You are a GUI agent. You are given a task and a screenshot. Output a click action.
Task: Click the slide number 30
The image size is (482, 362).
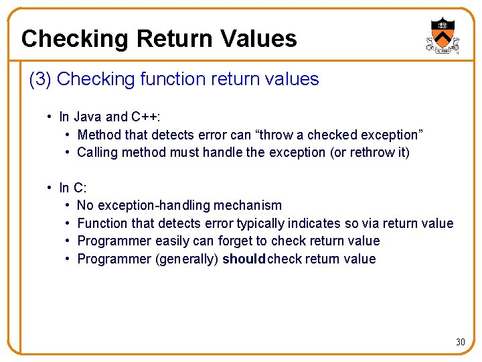click(x=461, y=342)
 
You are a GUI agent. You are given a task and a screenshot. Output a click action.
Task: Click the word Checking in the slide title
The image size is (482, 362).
click(x=74, y=39)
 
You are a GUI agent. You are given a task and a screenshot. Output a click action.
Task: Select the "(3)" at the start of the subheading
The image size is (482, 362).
click(x=41, y=79)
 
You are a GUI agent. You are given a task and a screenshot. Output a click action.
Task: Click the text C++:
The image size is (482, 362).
click(x=149, y=117)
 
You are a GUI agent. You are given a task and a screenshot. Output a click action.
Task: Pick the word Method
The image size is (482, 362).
click(x=100, y=135)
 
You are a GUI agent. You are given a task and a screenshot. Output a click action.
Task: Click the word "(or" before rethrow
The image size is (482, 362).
click(x=337, y=152)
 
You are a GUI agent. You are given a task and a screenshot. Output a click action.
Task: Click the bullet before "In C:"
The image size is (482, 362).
click(x=50, y=188)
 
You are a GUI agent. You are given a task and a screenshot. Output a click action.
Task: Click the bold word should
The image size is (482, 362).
click(x=244, y=259)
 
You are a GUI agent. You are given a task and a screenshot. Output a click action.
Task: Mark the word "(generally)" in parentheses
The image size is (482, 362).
click(x=187, y=259)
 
